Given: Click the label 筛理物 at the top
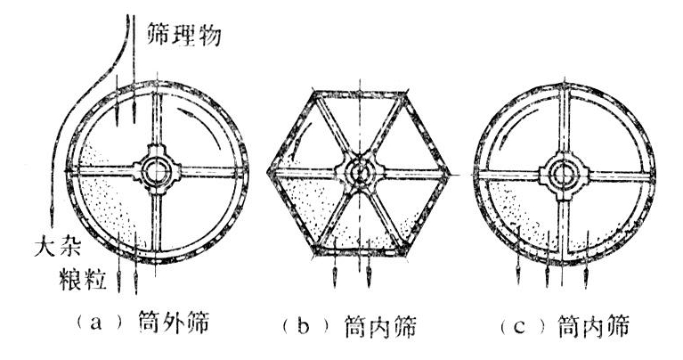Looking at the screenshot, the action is pyautogui.click(x=183, y=34).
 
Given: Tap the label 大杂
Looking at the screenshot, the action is pyautogui.click(x=57, y=248).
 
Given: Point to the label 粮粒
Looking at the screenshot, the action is pyautogui.click(x=83, y=279).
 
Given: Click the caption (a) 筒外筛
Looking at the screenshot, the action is pyautogui.click(x=142, y=323).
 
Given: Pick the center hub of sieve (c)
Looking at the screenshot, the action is pyautogui.click(x=564, y=176).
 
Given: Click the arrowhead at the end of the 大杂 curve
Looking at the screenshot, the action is pyautogui.click(x=52, y=214).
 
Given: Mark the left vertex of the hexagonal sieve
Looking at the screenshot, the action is pyautogui.click(x=269, y=172).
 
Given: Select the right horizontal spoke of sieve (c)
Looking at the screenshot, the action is pyautogui.click(x=619, y=176).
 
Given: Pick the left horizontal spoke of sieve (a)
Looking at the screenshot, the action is pyautogui.click(x=104, y=171).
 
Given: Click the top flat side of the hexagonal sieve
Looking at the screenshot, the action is pyautogui.click(x=360, y=94).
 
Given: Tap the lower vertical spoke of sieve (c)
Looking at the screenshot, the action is pyautogui.click(x=564, y=225).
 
